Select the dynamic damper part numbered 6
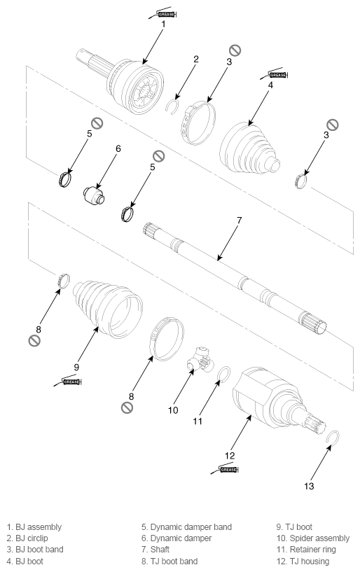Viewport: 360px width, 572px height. tap(94, 195)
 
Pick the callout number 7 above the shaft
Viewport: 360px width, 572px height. tap(239, 220)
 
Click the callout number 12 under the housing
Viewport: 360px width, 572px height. tap(230, 455)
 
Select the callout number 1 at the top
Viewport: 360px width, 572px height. tap(163, 24)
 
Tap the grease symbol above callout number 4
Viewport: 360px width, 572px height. tap(274, 74)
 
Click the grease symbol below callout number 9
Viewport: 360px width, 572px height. tap(67, 381)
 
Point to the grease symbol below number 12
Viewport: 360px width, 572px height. tap(225, 469)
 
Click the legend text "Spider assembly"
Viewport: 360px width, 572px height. tap(319, 538)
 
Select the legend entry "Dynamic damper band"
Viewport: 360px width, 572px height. tap(191, 526)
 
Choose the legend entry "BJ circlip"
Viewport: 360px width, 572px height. tap(32, 538)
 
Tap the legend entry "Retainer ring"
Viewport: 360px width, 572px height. tap(312, 550)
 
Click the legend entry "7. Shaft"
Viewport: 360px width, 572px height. tap(155, 550)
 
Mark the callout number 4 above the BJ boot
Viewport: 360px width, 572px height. tap(270, 85)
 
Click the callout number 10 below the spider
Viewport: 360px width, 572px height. tap(173, 410)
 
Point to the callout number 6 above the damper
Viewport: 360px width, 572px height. tap(118, 148)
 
